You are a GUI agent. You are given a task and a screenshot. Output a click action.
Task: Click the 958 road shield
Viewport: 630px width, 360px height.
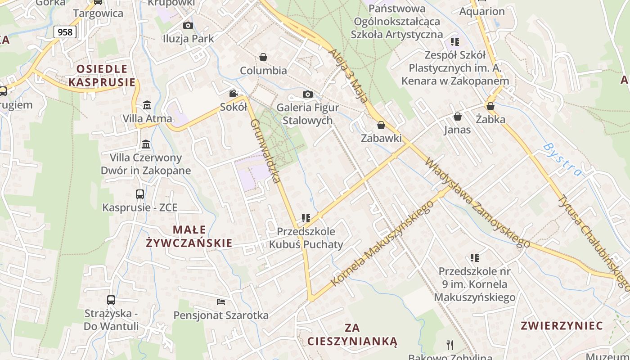point(65,32)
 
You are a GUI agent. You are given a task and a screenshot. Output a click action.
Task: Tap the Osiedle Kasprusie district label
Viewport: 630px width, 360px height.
point(102,76)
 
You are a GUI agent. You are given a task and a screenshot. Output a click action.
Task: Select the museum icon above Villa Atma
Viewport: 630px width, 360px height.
point(147,105)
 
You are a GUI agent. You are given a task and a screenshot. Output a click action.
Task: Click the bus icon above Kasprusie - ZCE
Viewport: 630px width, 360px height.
point(140,194)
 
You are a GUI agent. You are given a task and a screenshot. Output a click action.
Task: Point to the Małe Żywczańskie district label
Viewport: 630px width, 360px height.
point(189,237)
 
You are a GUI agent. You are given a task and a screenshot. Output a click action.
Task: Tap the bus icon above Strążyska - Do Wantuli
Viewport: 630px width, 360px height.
point(111,300)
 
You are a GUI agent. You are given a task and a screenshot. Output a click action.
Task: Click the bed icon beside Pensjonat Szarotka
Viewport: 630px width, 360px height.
point(221,302)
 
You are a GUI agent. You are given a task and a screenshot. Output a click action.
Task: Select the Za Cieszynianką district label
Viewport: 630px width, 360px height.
point(352,334)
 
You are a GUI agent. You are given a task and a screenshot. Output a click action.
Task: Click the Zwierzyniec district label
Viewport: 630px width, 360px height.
point(562,326)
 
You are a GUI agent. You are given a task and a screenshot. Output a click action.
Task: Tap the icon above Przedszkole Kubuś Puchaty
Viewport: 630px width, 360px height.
point(306,218)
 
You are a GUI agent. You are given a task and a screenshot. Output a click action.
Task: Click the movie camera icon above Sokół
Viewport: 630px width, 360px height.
point(233,94)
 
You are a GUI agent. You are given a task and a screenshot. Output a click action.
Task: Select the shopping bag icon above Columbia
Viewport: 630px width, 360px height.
point(263,57)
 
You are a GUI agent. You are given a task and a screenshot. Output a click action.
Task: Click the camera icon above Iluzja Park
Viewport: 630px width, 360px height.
point(188,25)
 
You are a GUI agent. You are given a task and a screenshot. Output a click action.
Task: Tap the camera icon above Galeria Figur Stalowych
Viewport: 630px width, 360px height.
point(308,94)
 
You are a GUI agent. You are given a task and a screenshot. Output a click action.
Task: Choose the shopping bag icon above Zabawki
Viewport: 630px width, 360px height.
point(381,125)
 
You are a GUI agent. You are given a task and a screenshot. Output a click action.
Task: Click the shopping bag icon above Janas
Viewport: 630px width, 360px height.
point(458,117)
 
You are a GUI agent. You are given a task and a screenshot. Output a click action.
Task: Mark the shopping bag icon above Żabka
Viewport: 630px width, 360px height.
point(490,106)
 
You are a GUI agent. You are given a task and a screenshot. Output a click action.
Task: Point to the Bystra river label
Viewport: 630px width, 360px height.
point(562,160)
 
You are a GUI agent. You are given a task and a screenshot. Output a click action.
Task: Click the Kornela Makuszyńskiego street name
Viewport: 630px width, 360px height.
point(382,243)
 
